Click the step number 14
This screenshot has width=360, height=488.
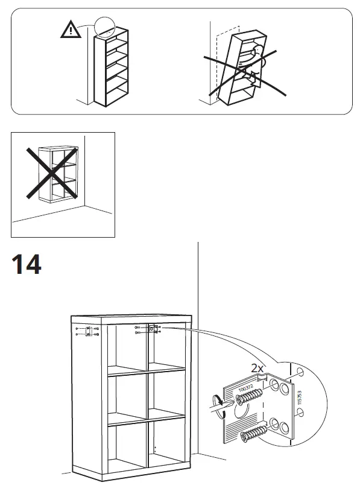(26, 264)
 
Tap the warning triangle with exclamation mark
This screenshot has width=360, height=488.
(71, 31)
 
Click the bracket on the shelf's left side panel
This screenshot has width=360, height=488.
(89, 331)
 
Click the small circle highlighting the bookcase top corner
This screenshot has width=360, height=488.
(106, 25)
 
